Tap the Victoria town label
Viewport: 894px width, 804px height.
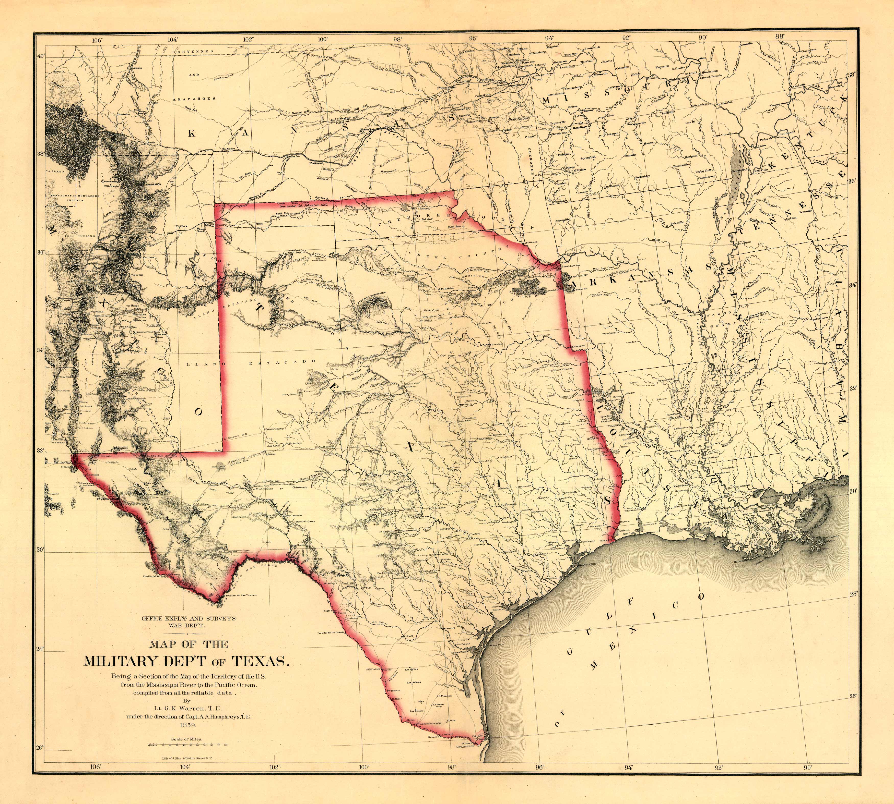488,596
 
